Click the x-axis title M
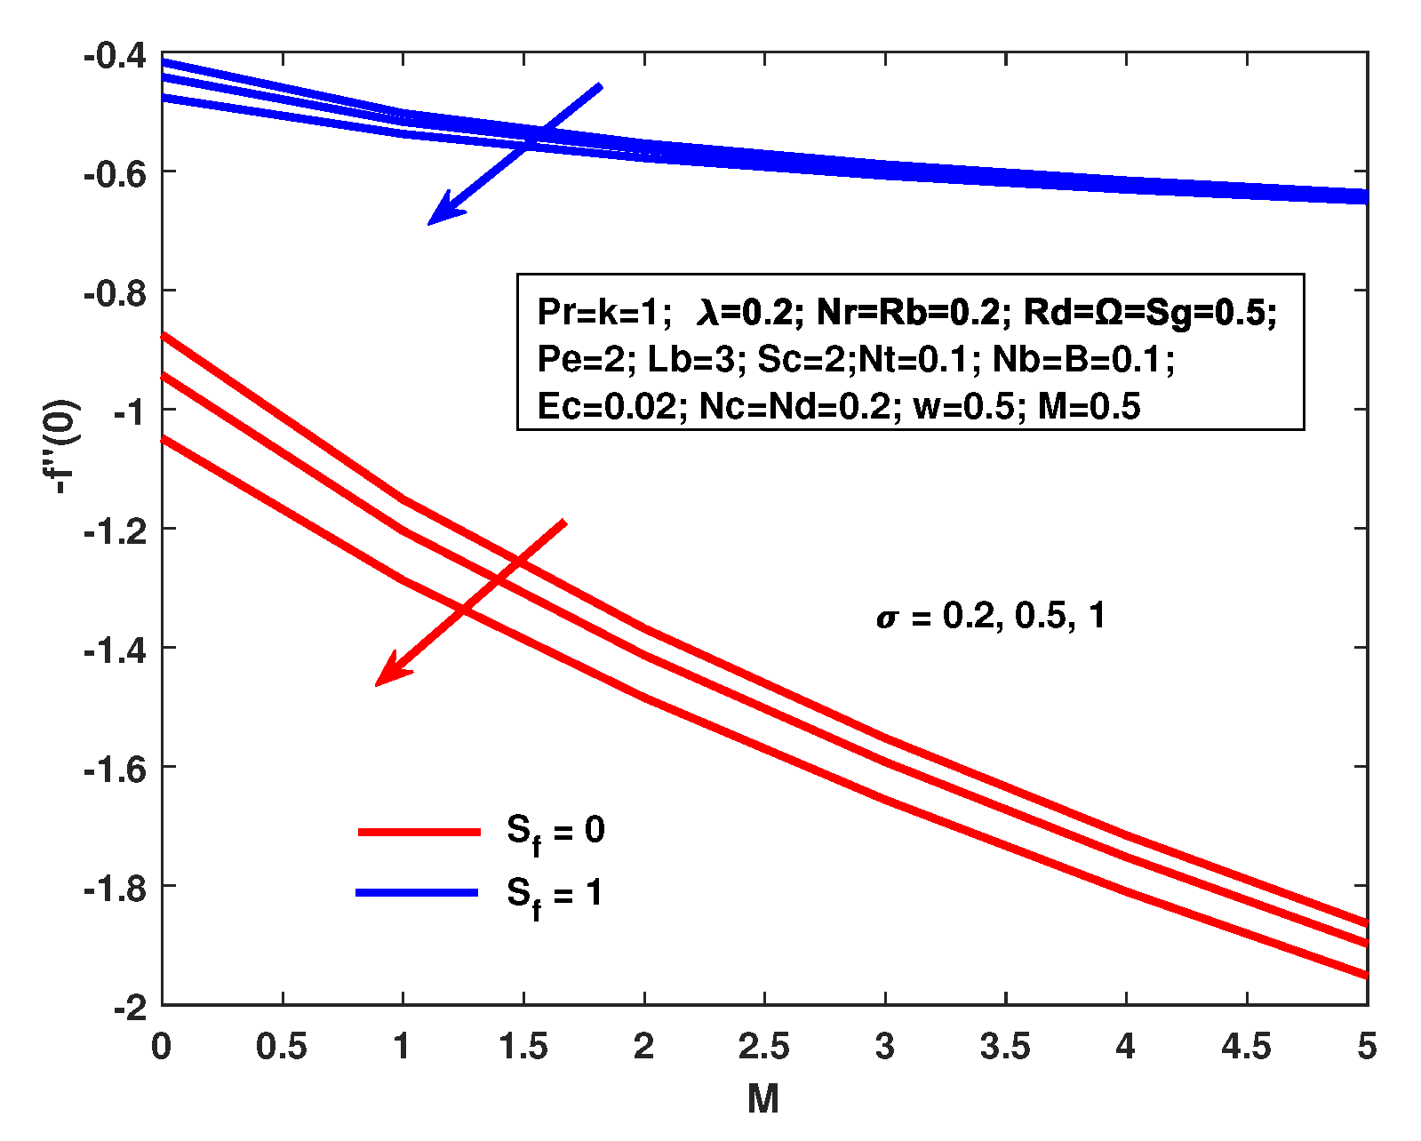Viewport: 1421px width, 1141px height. pyautogui.click(x=763, y=1099)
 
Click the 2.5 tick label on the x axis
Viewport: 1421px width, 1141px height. pyautogui.click(x=764, y=1047)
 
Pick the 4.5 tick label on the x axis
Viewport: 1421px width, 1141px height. pyautogui.click(x=1246, y=1047)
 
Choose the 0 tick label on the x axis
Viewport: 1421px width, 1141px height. pyautogui.click(x=161, y=1047)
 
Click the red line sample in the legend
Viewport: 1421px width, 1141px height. pyautogui.click(x=419, y=832)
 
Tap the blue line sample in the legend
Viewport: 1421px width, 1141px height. pyautogui.click(x=417, y=892)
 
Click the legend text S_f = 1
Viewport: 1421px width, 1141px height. pyautogui.click(x=555, y=895)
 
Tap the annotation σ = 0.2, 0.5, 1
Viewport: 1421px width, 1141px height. pyautogui.click(x=991, y=616)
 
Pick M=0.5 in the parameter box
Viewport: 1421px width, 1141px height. pyautogui.click(x=1089, y=407)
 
